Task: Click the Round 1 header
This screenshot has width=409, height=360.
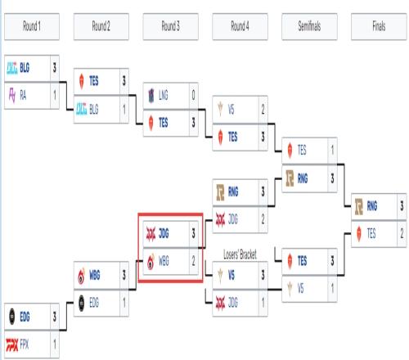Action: coord(32,26)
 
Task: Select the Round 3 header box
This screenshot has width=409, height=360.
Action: coord(171,26)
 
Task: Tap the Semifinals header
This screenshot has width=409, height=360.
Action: coord(309,26)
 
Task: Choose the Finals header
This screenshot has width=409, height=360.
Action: coord(379,26)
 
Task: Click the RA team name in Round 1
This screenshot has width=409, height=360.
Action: coord(23,96)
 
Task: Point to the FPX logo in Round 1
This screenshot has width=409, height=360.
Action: coord(12,344)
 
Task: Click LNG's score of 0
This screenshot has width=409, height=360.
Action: coord(193,95)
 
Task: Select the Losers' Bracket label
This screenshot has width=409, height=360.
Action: coord(240,254)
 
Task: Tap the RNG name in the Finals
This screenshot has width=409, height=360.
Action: coord(372,206)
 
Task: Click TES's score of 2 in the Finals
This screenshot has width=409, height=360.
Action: coord(402,234)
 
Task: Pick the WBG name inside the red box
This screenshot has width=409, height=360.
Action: coord(164,261)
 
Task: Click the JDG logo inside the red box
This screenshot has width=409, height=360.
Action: coord(151,234)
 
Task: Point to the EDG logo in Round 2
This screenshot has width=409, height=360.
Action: coord(82,303)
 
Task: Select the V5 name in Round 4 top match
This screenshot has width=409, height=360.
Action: coord(231,110)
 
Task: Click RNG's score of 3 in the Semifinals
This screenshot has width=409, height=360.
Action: coord(332,178)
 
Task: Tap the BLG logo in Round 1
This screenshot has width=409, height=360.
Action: coord(12,68)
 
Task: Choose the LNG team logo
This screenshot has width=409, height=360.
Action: coord(151,96)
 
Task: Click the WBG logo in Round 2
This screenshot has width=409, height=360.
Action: coord(82,276)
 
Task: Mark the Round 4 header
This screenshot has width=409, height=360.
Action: coord(240,26)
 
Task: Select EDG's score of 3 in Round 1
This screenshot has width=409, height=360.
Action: coord(55,317)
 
